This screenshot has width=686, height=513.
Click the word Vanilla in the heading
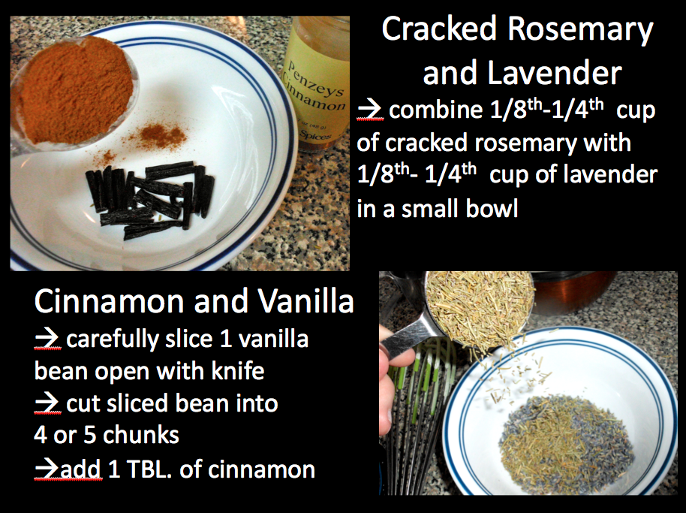(x=305, y=301)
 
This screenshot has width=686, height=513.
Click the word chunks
(x=141, y=435)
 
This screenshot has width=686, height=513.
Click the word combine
(x=436, y=110)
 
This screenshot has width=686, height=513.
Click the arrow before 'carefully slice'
(x=47, y=339)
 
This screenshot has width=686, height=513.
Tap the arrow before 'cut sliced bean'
(x=47, y=403)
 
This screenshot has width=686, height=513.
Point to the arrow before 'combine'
(x=370, y=110)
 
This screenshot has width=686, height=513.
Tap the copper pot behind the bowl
(x=573, y=291)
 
